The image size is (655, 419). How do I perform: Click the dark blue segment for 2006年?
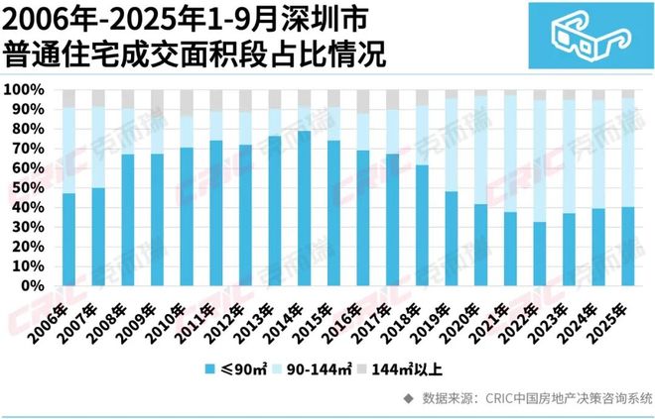(x=68, y=239)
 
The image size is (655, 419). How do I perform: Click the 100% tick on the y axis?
(x=25, y=90)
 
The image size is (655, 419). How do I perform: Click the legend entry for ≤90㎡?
(x=236, y=370)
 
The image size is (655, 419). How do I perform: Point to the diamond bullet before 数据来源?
(x=408, y=398)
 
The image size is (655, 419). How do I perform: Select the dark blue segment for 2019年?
(x=423, y=238)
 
